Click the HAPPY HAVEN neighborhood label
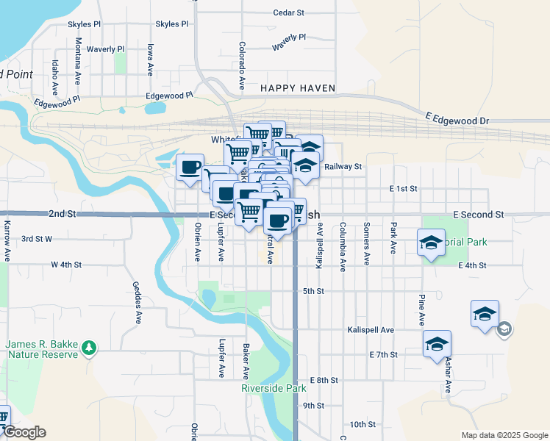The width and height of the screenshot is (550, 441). click(298, 88)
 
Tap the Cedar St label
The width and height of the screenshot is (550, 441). click(288, 12)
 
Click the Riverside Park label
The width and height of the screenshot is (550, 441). click(274, 388)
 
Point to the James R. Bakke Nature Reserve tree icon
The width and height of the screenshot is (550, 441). click(88, 346)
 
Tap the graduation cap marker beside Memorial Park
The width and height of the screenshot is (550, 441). click(431, 243)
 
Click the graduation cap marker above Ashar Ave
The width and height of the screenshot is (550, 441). click(437, 343)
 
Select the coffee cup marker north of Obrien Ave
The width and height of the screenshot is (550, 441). click(190, 167)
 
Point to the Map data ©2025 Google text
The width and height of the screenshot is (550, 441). click(504, 435)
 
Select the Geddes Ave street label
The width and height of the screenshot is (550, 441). click(137, 302)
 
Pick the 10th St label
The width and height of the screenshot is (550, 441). click(362, 424)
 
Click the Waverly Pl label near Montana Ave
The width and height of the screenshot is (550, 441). click(106, 49)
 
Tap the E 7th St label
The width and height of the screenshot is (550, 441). click(383, 354)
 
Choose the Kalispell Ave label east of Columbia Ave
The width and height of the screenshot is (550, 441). click(371, 331)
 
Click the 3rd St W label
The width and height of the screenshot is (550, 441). click(36, 239)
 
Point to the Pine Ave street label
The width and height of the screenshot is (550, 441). click(421, 310)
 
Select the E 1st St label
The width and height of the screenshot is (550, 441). click(404, 189)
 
